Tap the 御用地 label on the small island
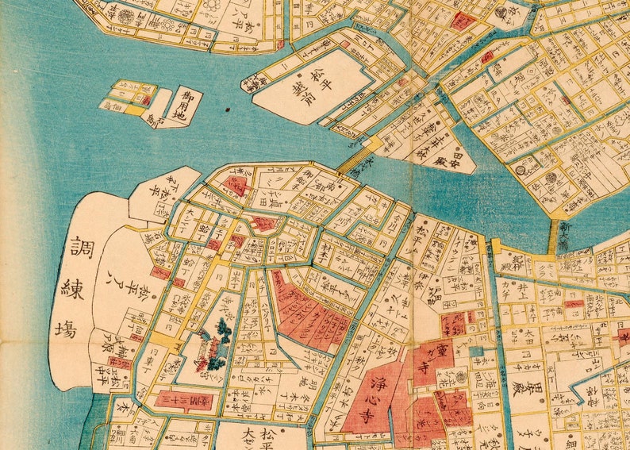click(186, 105)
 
